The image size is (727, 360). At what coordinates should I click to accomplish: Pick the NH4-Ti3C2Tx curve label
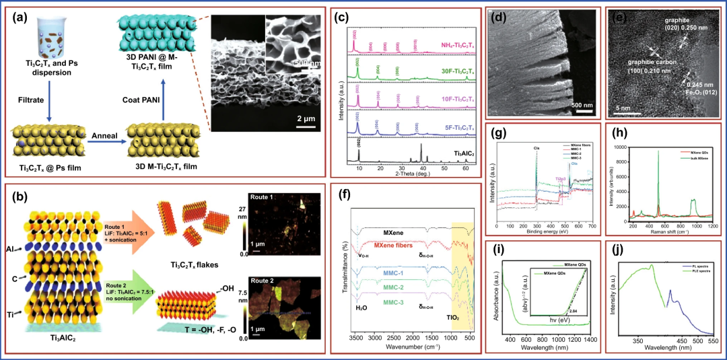pyautogui.click(x=431, y=42)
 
